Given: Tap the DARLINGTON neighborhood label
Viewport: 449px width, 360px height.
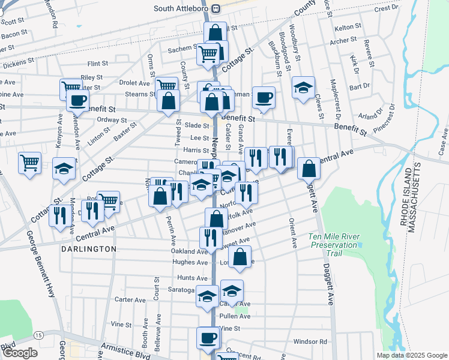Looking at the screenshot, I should (x=89, y=248).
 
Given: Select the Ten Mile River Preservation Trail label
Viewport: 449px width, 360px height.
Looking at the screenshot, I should (x=334, y=241).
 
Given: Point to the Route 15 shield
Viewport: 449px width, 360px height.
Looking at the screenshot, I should (x=38, y=334).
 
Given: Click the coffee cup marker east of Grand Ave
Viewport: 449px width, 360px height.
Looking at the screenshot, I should (x=263, y=98).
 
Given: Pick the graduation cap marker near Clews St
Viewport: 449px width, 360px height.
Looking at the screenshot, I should (x=304, y=87).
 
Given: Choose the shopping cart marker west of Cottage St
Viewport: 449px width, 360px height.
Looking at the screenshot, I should (x=29, y=162).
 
